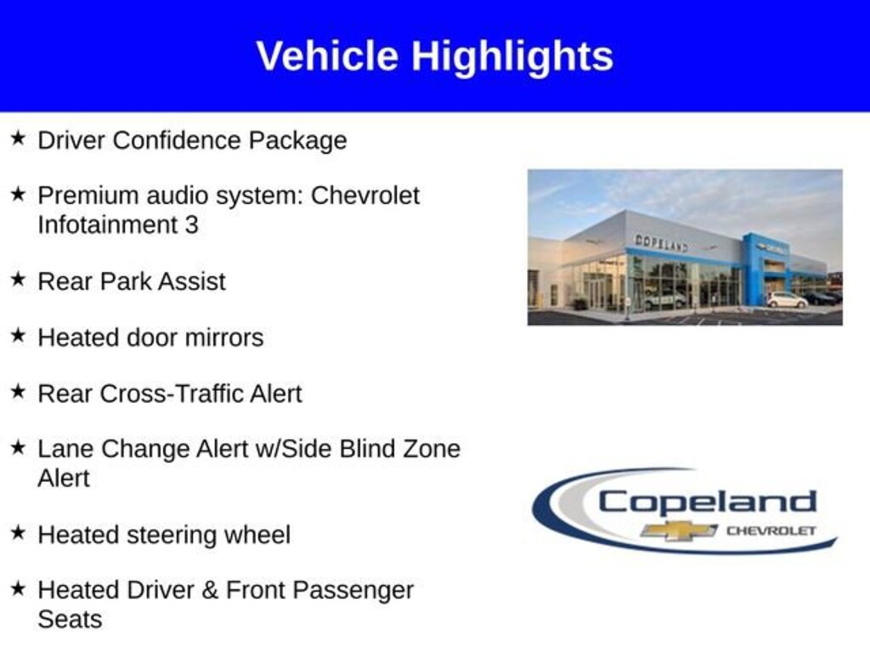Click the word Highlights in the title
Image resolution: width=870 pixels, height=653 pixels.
(512, 57)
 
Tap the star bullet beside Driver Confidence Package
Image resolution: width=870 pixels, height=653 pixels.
(18, 139)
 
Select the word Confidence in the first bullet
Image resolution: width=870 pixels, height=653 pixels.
(179, 140)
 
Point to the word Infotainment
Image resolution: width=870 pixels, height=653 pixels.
(107, 224)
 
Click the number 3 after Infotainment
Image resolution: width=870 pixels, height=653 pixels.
(191, 225)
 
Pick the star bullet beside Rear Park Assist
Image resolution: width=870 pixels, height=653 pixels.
(18, 279)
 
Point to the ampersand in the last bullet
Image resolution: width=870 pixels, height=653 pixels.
(210, 590)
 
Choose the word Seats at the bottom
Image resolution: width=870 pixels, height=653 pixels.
(70, 620)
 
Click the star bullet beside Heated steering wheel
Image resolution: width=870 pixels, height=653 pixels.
(18, 532)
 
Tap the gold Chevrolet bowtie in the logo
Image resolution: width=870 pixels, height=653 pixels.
(679, 531)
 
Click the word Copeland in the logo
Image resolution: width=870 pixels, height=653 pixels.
(708, 503)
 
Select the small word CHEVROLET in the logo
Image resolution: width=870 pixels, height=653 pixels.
(771, 531)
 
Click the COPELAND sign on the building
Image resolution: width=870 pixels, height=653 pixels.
(661, 242)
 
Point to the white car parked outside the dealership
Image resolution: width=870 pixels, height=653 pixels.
(788, 300)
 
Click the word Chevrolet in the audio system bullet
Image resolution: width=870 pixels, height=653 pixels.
(365, 196)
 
